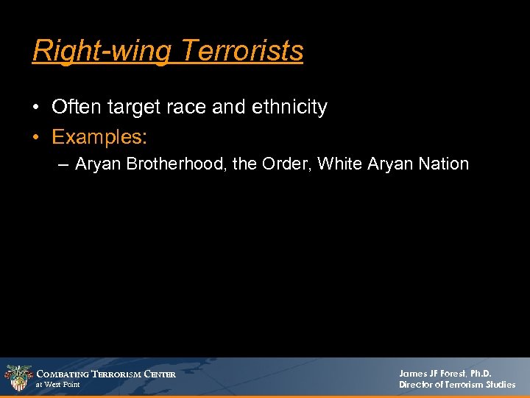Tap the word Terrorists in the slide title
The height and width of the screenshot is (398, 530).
pos(241,51)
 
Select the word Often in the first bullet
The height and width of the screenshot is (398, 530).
pos(77,107)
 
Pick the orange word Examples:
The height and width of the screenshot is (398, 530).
pos(99,136)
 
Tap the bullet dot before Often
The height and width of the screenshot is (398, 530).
pos(37,108)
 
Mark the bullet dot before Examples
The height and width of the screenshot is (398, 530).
pos(37,137)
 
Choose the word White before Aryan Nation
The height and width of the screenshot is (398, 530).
pos(339,164)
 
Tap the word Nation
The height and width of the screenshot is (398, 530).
pos(443,164)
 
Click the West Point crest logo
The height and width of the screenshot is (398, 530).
pos(18,378)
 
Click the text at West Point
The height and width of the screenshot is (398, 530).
pos(58,385)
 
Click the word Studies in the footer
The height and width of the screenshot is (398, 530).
pos(501,385)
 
